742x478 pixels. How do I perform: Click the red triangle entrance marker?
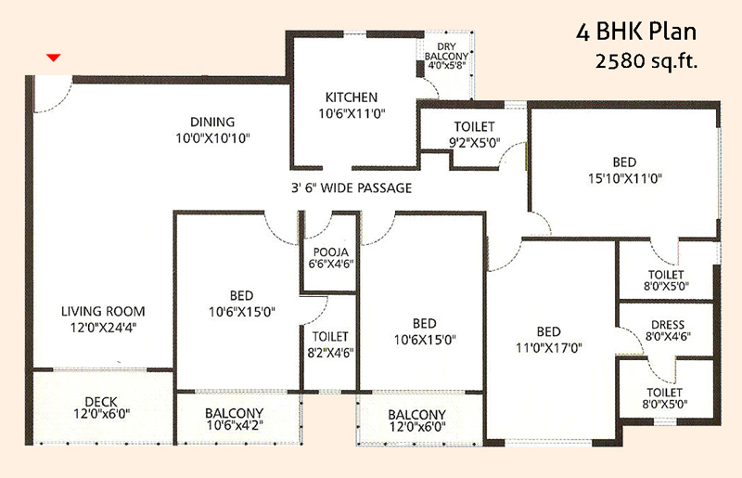pyautogui.click(x=54, y=58)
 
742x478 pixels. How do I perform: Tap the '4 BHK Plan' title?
pyautogui.click(x=636, y=32)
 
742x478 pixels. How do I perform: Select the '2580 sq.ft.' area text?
pyautogui.click(x=646, y=61)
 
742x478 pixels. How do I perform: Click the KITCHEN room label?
pyautogui.click(x=352, y=97)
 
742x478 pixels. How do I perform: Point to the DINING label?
pyautogui.click(x=212, y=122)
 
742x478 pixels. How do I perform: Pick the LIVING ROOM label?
pyautogui.click(x=103, y=311)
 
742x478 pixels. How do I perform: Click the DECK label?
pyautogui.click(x=101, y=402)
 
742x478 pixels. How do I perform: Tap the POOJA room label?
pyautogui.click(x=331, y=252)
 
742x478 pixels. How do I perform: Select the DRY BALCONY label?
pyautogui.click(x=446, y=51)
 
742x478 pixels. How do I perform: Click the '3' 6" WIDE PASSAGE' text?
pyautogui.click(x=352, y=188)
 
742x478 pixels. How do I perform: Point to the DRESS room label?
pyautogui.click(x=668, y=325)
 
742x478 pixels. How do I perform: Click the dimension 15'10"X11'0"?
pyautogui.click(x=624, y=178)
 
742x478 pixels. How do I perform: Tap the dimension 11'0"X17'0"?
pyautogui.click(x=549, y=348)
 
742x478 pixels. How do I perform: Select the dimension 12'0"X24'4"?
pyautogui.click(x=103, y=328)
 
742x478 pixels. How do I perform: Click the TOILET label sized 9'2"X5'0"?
pyautogui.click(x=474, y=126)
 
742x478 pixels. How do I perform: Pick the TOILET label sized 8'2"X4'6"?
pyautogui.click(x=330, y=337)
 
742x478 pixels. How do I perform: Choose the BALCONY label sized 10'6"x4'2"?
pyautogui.click(x=235, y=413)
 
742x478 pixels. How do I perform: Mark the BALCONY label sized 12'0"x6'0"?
pyautogui.click(x=416, y=415)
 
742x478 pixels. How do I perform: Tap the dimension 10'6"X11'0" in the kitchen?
pyautogui.click(x=352, y=113)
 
